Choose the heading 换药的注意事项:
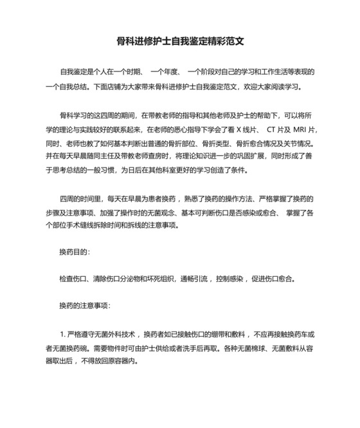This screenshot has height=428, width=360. coord(85,304)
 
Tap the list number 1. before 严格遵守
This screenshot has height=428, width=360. coord(62,334)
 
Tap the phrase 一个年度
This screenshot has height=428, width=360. coord(165,71)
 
